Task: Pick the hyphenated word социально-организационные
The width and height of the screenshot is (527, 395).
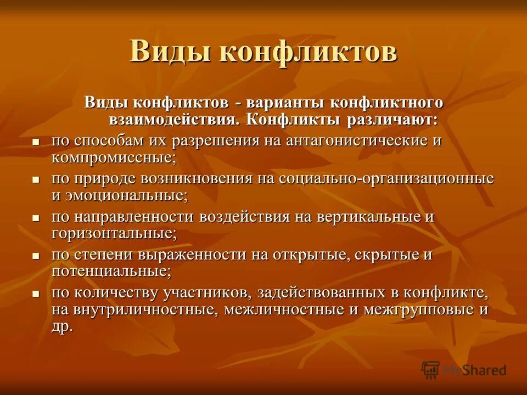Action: [x=386, y=178]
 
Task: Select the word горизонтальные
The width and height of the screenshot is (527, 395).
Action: [x=114, y=233]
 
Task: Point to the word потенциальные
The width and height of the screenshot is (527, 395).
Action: [x=111, y=271]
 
